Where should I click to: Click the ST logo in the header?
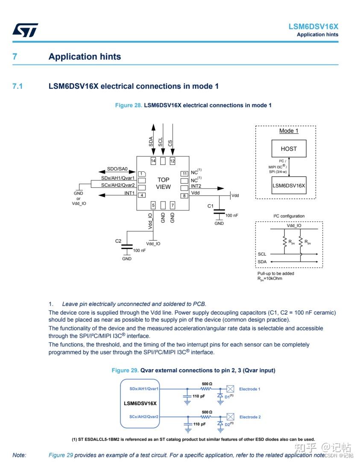[25, 30]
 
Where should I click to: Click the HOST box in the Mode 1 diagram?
[289, 149]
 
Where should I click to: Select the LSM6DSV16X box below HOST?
[289, 185]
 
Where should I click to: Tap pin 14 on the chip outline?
[153, 161]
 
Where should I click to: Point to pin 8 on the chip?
[184, 196]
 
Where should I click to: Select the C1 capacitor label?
[210, 206]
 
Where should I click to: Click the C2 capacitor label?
[118, 241]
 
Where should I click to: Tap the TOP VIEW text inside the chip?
[163, 183]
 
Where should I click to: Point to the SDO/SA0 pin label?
[117, 169]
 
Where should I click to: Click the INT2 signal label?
[196, 186]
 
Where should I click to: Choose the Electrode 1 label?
[249, 389]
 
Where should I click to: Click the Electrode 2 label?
[250, 417]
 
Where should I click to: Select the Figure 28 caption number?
[129, 105]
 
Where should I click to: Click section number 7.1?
[18, 86]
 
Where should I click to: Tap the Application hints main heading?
[85, 57]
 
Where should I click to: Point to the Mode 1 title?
[289, 131]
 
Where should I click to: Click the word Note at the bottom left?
[19, 455]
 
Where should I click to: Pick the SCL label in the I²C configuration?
[262, 254]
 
